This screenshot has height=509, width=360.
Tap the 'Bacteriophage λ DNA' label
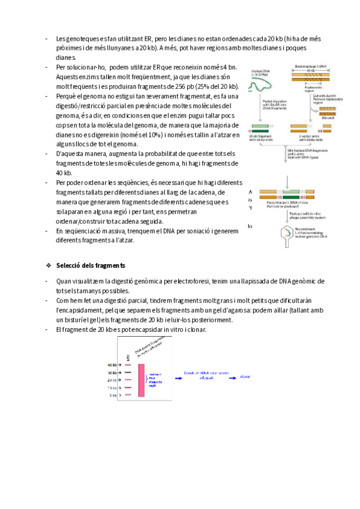310,66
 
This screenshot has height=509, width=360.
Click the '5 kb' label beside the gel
113,396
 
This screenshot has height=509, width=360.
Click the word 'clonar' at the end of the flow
245,376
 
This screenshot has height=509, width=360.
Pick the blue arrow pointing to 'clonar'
229,377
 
